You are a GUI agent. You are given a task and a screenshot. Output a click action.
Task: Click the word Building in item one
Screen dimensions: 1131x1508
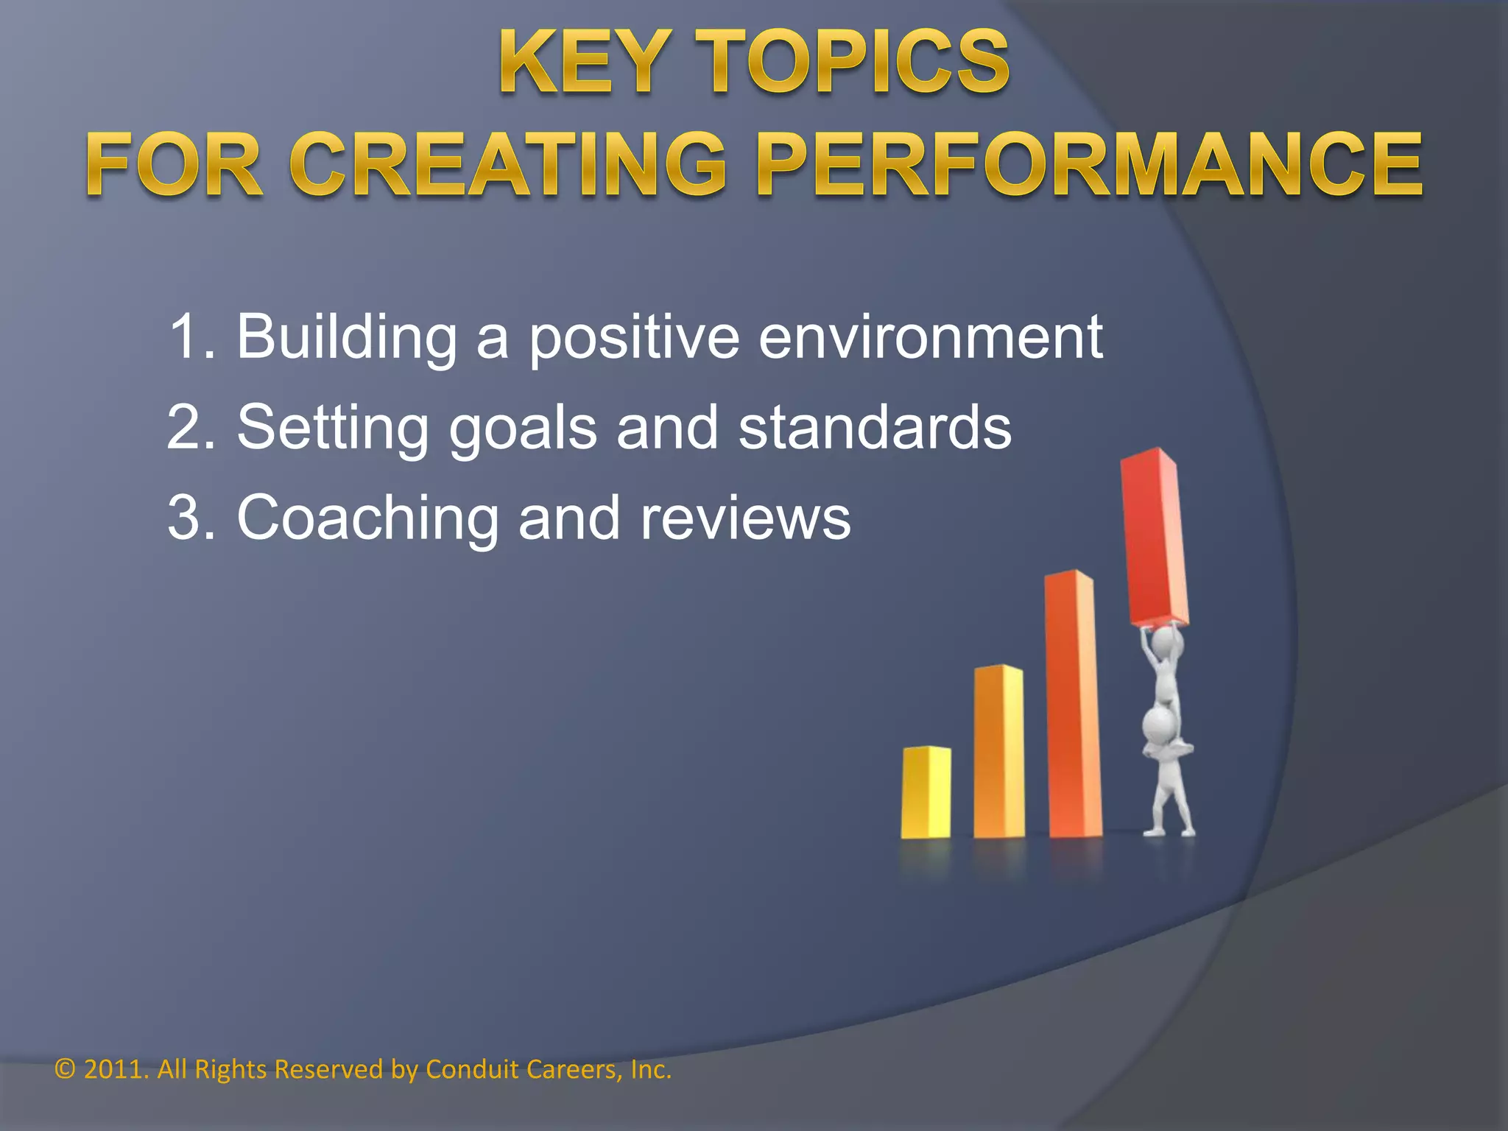click(346, 337)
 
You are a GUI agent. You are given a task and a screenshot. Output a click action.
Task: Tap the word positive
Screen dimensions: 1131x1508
click(634, 337)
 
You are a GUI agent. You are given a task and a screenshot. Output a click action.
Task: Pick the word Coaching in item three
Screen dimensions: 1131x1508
click(367, 518)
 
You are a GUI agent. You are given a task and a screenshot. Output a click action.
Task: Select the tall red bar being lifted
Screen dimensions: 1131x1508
click(1153, 538)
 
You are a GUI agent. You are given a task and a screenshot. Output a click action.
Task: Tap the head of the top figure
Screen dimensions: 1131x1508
click(1167, 644)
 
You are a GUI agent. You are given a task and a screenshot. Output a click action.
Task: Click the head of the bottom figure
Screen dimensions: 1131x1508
click(1159, 725)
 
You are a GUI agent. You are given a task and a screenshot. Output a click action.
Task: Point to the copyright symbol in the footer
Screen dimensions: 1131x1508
click(65, 1069)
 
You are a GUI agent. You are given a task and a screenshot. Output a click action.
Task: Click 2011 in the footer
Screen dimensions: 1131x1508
click(110, 1069)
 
